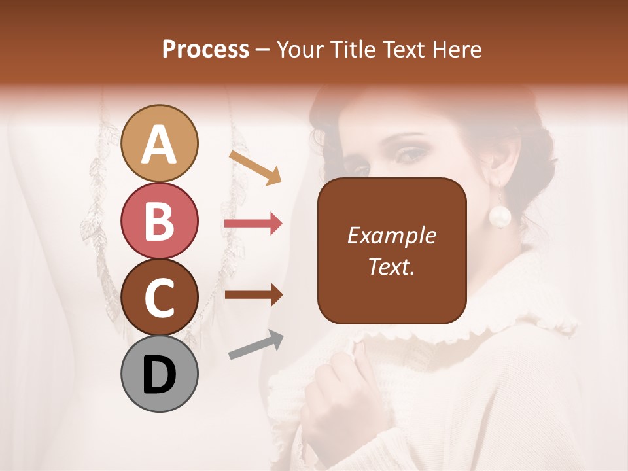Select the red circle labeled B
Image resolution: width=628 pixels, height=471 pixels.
[160, 221]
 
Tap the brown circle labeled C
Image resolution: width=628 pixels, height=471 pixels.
[160, 298]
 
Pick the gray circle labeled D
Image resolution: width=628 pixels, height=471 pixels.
[160, 374]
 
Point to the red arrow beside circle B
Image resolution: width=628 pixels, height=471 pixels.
[253, 224]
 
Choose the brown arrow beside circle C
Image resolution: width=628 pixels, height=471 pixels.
[253, 296]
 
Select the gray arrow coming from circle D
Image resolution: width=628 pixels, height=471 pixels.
[256, 345]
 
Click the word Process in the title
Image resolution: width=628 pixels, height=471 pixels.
[205, 50]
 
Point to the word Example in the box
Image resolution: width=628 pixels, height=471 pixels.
[391, 236]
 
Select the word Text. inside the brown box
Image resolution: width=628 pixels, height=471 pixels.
[391, 266]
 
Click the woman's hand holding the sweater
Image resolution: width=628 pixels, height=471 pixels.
[334, 392]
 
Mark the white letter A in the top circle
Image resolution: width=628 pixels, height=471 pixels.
[160, 145]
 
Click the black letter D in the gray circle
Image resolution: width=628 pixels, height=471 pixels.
[160, 375]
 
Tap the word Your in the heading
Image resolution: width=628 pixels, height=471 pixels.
[298, 50]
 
